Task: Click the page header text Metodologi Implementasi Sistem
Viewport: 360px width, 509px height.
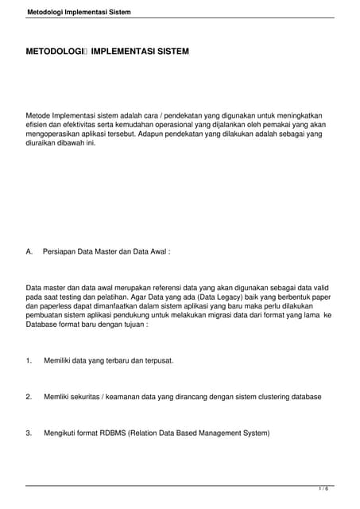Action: coord(79,13)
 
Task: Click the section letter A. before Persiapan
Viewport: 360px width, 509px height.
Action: coord(29,251)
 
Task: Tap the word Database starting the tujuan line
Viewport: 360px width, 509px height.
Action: coord(44,324)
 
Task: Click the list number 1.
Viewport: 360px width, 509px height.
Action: coord(29,360)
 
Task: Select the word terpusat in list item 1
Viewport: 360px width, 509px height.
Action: coord(157,360)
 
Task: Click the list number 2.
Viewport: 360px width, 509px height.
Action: coord(29,396)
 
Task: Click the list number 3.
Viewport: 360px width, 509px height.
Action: coord(29,433)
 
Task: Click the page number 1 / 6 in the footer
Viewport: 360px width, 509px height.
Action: coord(323,488)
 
